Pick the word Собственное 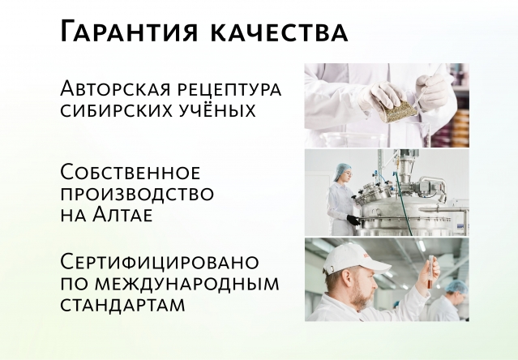tap(131, 173)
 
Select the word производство tap(137, 195)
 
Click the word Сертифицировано tap(160, 263)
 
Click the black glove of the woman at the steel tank tap(353, 220)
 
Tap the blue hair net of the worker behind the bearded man tap(458, 288)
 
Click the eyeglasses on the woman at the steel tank tap(345, 177)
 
